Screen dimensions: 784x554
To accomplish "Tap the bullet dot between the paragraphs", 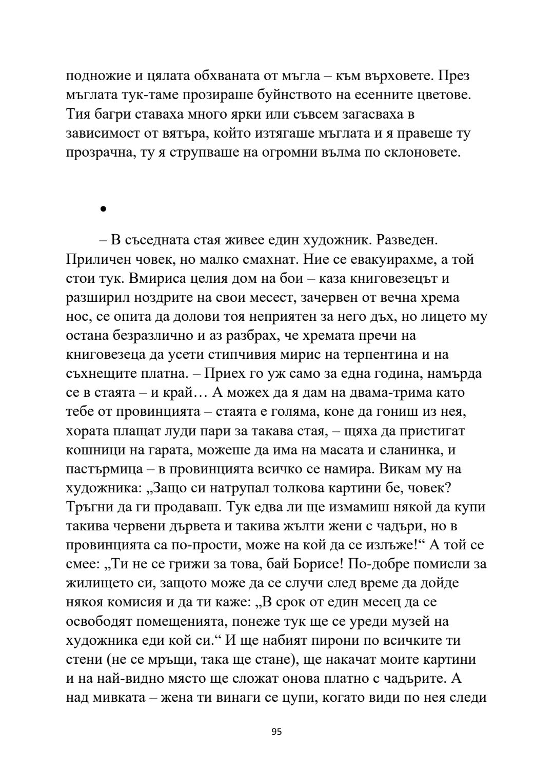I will click(x=103, y=209).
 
